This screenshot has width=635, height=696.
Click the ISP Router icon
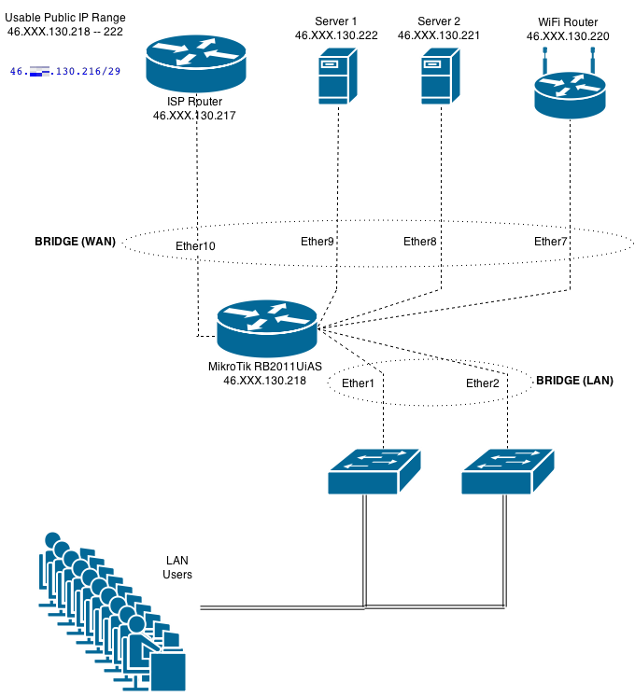tap(197, 63)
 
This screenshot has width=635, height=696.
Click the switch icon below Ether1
tap(374, 470)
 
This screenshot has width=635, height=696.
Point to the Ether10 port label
tap(195, 246)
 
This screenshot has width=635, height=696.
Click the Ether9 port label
tap(317, 242)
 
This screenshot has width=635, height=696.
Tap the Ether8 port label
tap(419, 242)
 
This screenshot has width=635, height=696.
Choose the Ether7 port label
tap(551, 242)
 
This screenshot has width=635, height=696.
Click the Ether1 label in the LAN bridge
tap(358, 383)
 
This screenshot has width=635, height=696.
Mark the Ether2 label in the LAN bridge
tap(483, 383)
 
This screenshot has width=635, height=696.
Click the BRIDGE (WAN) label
tap(75, 241)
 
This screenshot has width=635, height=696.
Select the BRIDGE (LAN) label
tap(574, 382)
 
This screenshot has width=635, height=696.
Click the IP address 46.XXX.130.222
tap(336, 35)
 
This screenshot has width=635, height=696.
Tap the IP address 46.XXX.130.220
tap(568, 35)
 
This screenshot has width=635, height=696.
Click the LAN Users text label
tap(177, 567)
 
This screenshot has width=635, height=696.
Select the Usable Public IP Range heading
tap(65, 18)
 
